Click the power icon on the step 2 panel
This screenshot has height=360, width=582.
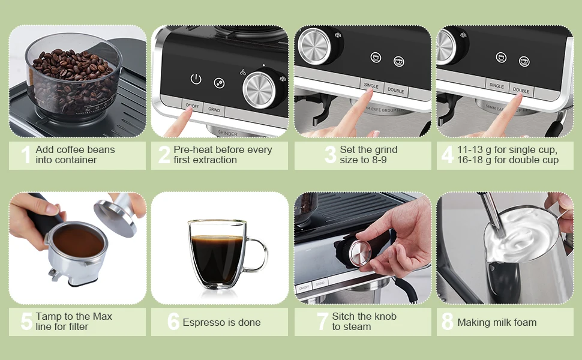click(x=196, y=79)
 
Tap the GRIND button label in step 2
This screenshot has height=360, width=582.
click(x=214, y=109)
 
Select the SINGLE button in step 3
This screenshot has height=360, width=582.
click(x=371, y=86)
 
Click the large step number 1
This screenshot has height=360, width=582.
click(x=26, y=154)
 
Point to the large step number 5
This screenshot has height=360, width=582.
click(x=26, y=322)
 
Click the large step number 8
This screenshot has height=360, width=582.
click(x=447, y=322)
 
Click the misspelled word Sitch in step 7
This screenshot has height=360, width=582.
click(x=343, y=316)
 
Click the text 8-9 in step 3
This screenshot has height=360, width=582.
click(x=378, y=160)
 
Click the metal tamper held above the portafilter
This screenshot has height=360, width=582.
click(x=119, y=215)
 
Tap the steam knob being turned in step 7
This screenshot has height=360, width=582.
click(x=359, y=253)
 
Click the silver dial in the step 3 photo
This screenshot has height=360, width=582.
click(x=314, y=46)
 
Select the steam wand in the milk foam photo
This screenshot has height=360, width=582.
click(x=492, y=215)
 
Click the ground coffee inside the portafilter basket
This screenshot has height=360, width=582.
click(x=79, y=243)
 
